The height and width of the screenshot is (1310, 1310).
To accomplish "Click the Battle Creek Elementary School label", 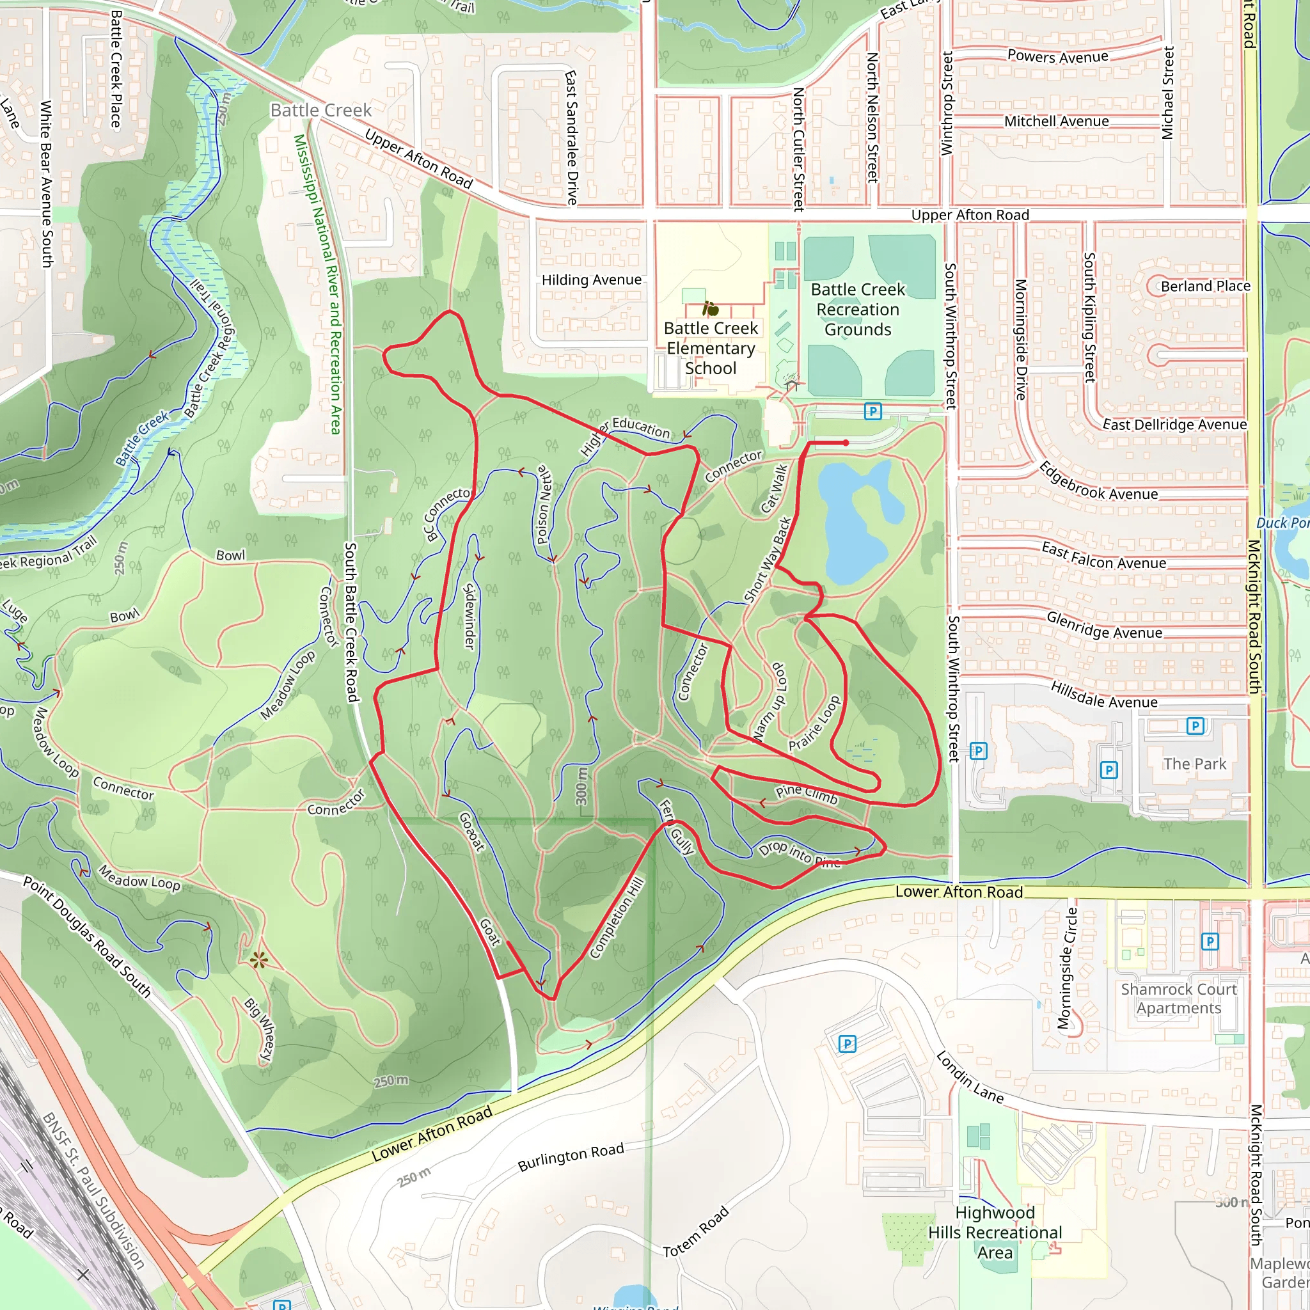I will (711, 348).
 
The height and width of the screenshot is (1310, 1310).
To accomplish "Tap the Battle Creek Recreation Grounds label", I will (858, 309).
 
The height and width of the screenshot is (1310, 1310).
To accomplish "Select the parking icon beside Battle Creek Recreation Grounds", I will (872, 411).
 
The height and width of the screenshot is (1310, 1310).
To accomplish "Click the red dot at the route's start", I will (846, 443).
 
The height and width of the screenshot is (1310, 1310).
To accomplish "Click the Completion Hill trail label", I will (617, 918).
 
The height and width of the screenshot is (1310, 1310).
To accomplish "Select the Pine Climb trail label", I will (807, 794).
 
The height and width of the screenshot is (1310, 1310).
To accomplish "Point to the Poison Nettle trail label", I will (542, 505).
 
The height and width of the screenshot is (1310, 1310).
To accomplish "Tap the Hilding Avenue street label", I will (591, 280).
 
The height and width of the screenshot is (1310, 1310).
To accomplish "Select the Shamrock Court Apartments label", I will (1178, 998).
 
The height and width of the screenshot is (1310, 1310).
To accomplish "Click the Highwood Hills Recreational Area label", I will (995, 1232).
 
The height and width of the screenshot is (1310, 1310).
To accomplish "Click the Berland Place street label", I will (1205, 286).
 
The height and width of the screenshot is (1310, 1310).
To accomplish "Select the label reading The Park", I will (1195, 764).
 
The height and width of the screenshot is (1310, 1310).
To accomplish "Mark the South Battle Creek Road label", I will (351, 622).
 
